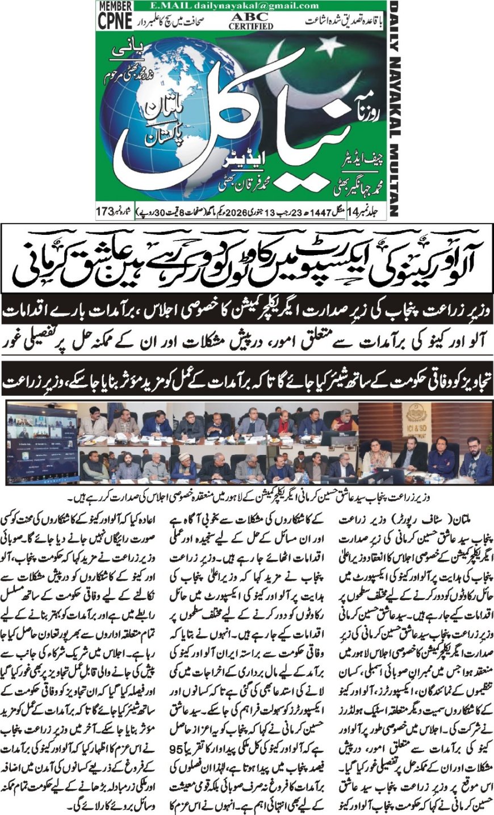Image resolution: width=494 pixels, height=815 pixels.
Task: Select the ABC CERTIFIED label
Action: point(251,21)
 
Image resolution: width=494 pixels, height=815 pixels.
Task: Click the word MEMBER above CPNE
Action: point(115,6)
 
